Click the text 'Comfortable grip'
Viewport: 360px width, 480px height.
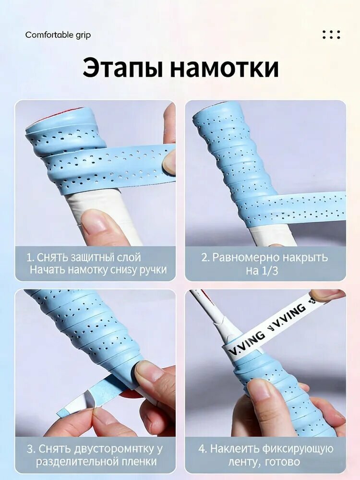[58, 35]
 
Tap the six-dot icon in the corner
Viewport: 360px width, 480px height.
[331, 34]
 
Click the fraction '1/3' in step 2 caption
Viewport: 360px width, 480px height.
[269, 271]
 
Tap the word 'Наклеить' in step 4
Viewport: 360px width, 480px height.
[235, 449]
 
